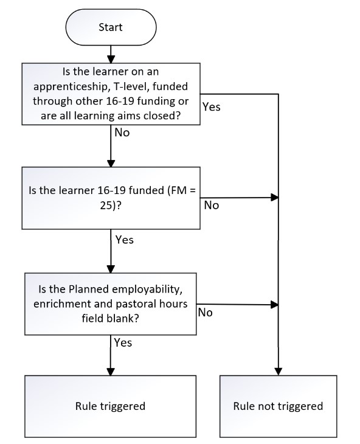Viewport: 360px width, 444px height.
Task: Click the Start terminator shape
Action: (x=111, y=27)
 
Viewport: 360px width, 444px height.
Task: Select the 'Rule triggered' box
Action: (x=111, y=406)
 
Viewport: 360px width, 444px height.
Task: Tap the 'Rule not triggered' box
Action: (x=278, y=406)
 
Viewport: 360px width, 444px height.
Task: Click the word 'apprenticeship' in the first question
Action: (x=71, y=86)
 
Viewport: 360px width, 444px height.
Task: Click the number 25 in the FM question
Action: (x=106, y=206)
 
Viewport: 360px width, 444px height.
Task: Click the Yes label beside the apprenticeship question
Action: (x=212, y=107)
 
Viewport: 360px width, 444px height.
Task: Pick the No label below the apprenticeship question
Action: (x=122, y=133)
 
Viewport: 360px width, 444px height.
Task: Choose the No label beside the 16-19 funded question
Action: (x=212, y=206)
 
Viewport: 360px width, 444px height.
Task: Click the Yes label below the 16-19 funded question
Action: (x=125, y=240)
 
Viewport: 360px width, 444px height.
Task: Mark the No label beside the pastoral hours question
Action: (x=205, y=313)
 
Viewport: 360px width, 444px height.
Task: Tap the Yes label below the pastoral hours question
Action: (x=123, y=343)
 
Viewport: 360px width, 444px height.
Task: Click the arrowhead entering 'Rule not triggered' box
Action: (x=279, y=372)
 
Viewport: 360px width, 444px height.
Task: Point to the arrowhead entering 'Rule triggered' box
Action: (x=111, y=372)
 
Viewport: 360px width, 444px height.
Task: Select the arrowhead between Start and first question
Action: (x=111, y=60)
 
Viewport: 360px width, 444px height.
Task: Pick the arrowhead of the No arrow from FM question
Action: (x=275, y=197)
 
